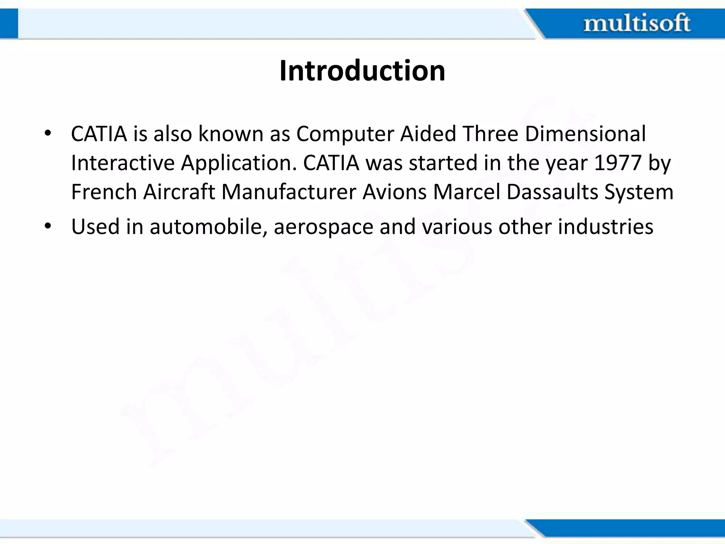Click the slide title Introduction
pos(362,71)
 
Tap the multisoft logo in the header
pos(636,23)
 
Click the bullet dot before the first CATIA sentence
pos(48,134)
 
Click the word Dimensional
pos(585,134)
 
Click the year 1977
pos(618,163)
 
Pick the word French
pos(104,192)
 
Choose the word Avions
pos(394,192)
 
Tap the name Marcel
pos(467,192)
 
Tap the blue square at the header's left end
pos(9,23)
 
